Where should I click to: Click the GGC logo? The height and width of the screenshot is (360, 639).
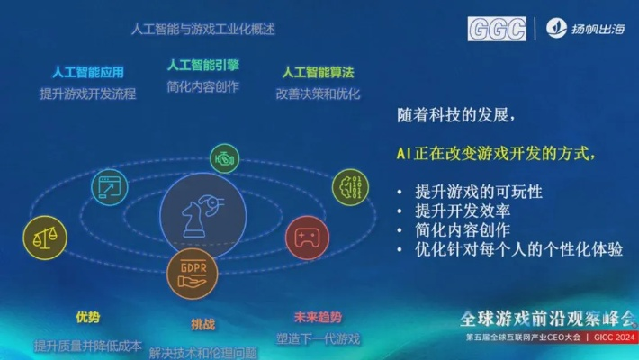click(497, 29)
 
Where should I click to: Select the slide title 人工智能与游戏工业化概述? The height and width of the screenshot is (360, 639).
click(202, 29)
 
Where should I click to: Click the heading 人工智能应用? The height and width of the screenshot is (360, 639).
click(88, 72)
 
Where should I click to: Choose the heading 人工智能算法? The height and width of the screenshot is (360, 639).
click(318, 71)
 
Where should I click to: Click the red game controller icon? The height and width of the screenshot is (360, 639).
click(306, 238)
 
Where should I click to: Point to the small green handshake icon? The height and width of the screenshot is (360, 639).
click(225, 158)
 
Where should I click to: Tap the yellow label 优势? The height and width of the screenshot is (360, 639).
click(88, 317)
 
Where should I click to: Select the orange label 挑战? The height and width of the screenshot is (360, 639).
click(203, 323)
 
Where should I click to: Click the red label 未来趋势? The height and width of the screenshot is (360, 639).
click(318, 317)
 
